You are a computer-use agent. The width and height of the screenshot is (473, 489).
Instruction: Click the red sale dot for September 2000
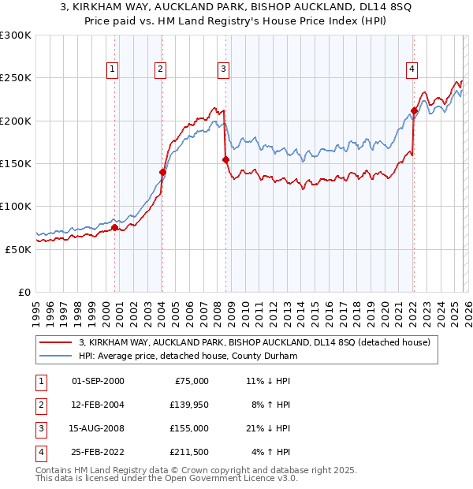[x=114, y=228]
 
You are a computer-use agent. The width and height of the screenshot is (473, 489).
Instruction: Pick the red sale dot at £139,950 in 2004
[x=162, y=172]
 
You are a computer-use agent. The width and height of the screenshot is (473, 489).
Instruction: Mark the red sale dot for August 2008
[x=225, y=159]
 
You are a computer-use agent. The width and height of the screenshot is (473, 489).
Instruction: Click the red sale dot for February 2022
[x=414, y=110]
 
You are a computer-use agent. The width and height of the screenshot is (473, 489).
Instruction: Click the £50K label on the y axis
[x=18, y=249]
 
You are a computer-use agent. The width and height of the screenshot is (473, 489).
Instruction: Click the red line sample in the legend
[x=56, y=343]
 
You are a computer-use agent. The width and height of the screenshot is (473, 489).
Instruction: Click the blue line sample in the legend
[x=56, y=356]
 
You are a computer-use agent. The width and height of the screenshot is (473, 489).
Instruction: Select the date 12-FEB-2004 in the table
[x=98, y=405]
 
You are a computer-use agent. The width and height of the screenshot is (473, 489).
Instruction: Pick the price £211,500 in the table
[x=188, y=453]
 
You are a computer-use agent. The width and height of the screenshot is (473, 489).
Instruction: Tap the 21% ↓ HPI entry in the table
[x=268, y=428]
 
